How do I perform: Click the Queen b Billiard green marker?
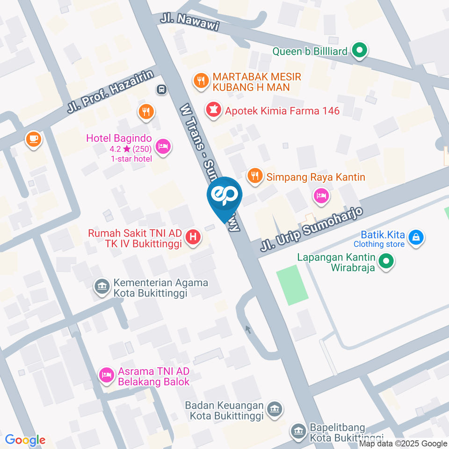(359, 51)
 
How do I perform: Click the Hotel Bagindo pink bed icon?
(163, 147)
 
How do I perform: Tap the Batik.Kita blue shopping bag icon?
(415, 237)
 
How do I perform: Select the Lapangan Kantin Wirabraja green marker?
(386, 262)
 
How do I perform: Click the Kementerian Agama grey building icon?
(101, 287)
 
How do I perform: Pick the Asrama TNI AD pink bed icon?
(107, 375)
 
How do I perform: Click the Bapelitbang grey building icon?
(297, 432)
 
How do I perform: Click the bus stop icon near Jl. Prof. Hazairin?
(161, 89)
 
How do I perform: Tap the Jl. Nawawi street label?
(189, 21)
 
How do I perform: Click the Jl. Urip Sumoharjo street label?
(311, 230)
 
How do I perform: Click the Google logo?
(25, 440)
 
